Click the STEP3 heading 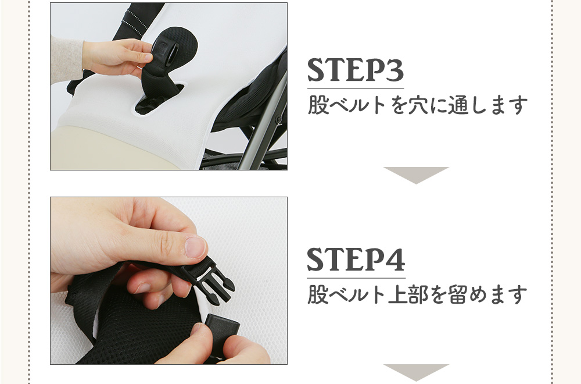(356, 70)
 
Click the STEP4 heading (356, 259)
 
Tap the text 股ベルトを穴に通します (418, 105)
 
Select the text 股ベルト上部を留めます (417, 294)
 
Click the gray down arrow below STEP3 (416, 175)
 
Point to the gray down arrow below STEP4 (416, 372)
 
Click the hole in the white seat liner (159, 99)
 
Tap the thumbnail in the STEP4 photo (195, 247)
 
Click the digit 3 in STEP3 (394, 70)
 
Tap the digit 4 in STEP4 (395, 259)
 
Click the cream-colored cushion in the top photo (111, 148)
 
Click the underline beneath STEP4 (356, 278)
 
